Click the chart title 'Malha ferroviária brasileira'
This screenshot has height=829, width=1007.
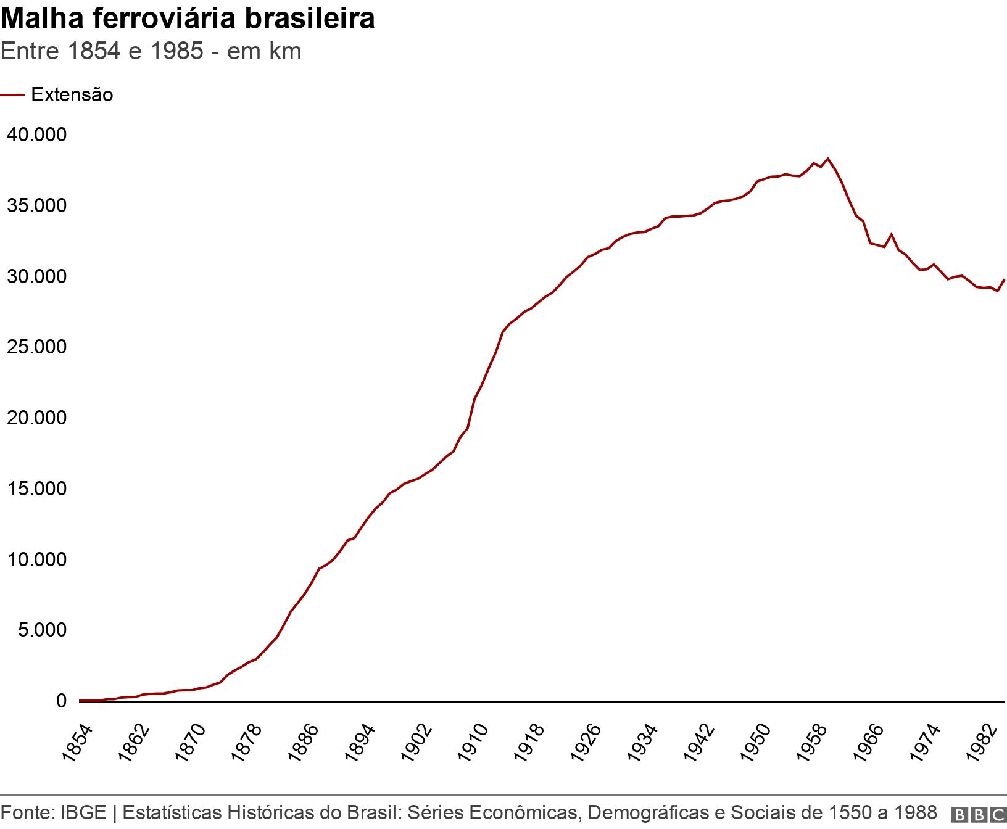(x=188, y=19)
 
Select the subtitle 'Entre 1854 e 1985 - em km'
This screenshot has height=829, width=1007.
(x=151, y=51)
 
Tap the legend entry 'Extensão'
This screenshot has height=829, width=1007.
(x=72, y=95)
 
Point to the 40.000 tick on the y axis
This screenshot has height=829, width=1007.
(x=36, y=134)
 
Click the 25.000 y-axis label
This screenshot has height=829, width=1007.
(x=36, y=347)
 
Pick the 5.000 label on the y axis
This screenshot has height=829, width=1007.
(x=40, y=630)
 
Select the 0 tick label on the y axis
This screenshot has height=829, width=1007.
(x=61, y=701)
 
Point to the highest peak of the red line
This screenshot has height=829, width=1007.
(x=828, y=159)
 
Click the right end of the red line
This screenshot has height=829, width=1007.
(x=1004, y=280)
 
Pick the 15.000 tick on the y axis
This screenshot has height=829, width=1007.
(x=36, y=489)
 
